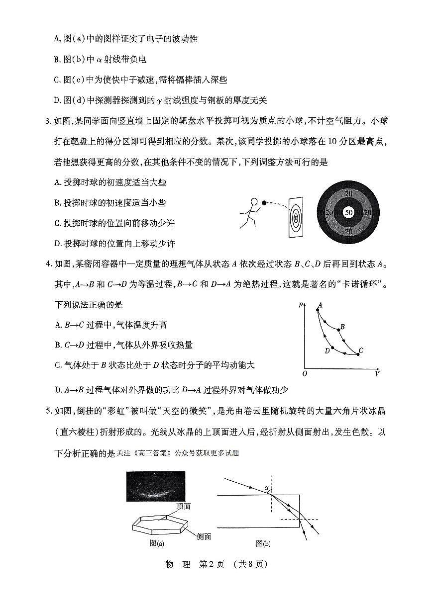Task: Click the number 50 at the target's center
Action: (348, 212)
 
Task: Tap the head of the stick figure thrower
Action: (254, 202)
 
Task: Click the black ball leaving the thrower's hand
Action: (264, 202)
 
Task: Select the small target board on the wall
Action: (296, 217)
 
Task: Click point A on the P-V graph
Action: (318, 310)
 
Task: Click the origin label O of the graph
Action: (305, 373)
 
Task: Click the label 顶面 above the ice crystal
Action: (183, 506)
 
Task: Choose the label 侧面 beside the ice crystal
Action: (204, 536)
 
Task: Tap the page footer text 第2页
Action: (212, 564)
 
